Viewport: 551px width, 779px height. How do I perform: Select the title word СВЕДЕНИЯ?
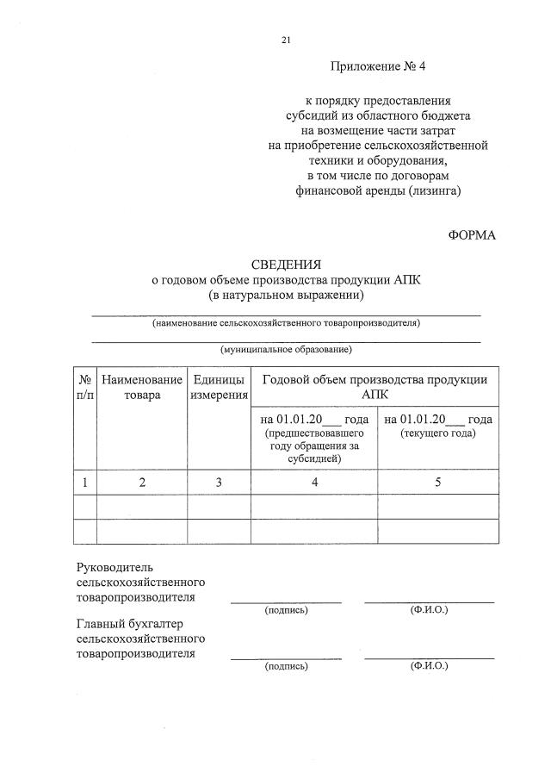(286, 265)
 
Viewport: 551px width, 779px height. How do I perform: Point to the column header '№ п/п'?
(85, 387)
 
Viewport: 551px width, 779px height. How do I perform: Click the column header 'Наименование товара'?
(142, 387)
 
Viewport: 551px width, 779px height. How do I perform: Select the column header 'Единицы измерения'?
(219, 387)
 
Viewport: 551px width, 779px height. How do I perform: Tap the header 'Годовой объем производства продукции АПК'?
(375, 387)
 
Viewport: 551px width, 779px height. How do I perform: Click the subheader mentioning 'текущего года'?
(438, 426)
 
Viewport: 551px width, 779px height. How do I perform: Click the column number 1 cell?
(85, 483)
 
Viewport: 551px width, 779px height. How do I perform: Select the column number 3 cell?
(219, 483)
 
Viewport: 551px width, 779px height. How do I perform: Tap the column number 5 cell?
(438, 483)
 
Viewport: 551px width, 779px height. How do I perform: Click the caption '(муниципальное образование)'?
(286, 349)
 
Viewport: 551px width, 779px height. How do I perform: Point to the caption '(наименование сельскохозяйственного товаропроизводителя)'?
(286, 323)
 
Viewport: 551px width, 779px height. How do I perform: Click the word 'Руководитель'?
(115, 568)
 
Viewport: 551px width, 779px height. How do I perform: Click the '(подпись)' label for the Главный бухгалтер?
(286, 666)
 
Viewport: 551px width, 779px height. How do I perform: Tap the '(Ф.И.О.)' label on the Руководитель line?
(429, 610)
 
